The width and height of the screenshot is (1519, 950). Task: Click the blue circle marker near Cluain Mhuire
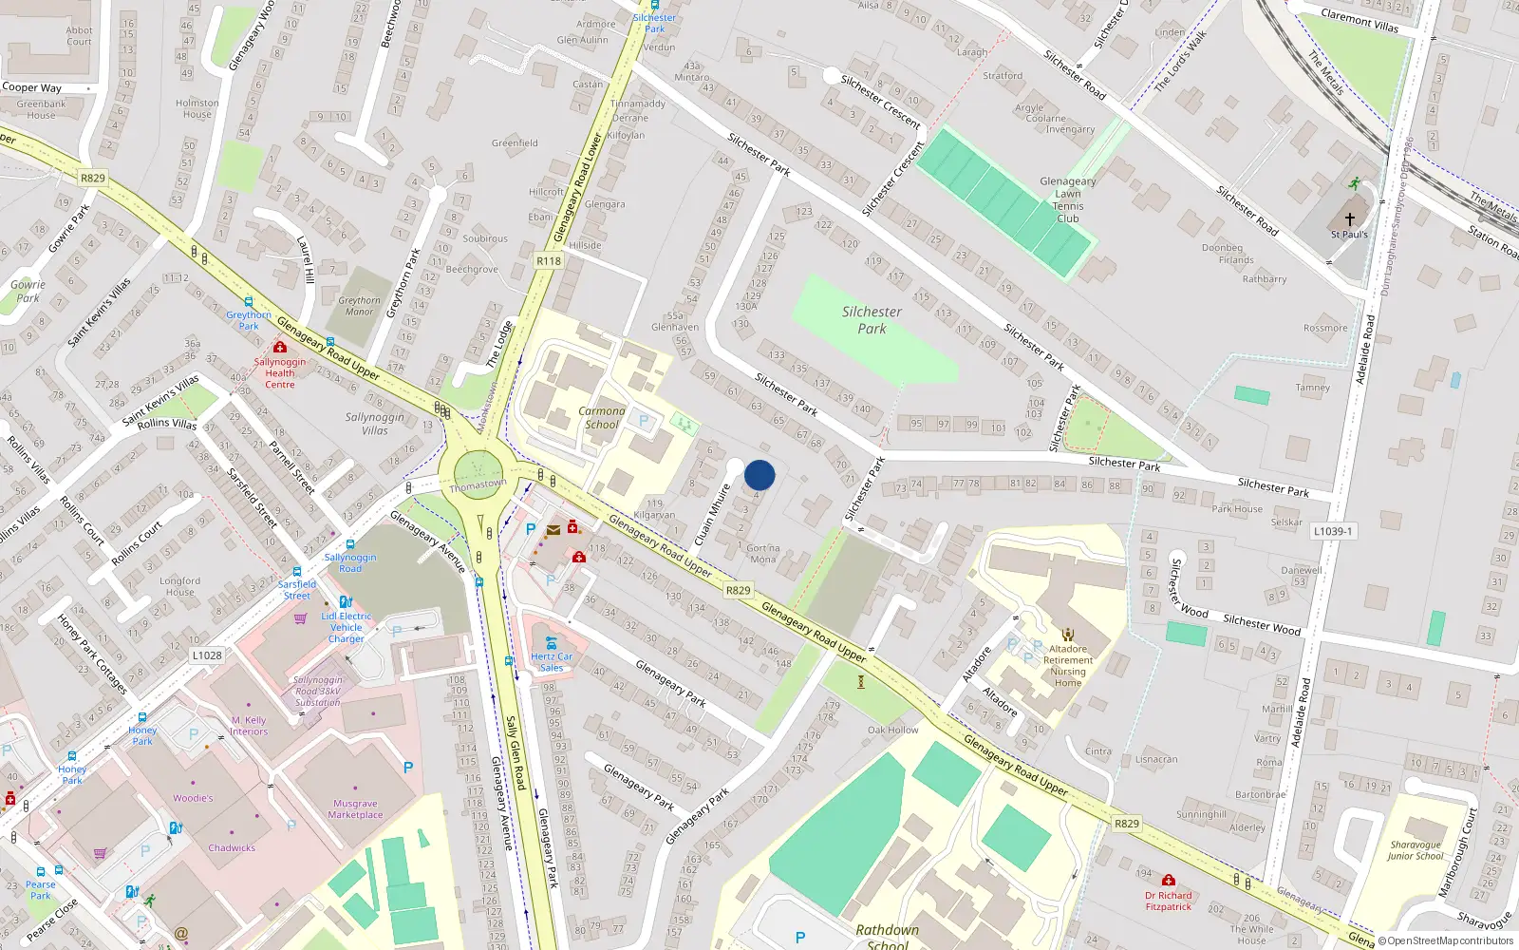(759, 475)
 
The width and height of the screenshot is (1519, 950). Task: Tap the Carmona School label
(602, 418)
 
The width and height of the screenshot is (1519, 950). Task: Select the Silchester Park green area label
(872, 320)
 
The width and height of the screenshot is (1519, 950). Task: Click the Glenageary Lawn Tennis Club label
(1068, 199)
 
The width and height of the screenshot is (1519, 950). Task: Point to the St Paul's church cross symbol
(1349, 218)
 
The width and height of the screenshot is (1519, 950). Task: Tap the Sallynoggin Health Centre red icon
(280, 348)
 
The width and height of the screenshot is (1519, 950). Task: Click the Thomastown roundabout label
(478, 485)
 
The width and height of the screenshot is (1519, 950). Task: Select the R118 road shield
(549, 260)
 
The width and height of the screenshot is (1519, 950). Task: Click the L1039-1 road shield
(1333, 531)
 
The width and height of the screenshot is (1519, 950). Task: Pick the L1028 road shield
(207, 655)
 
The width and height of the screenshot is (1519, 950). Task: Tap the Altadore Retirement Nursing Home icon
(1068, 635)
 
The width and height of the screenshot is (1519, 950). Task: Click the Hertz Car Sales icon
(552, 643)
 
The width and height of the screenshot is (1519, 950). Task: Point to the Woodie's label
(193, 798)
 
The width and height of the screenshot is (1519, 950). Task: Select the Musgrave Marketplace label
(356, 809)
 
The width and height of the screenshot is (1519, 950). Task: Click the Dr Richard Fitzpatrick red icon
(1169, 881)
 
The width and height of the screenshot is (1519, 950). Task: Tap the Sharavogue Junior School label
(1415, 850)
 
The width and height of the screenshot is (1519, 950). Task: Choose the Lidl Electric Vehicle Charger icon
(346, 601)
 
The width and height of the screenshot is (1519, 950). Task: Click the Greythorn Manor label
(359, 306)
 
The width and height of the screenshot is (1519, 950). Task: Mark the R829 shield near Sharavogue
(1127, 824)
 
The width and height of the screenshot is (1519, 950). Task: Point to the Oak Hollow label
(892, 730)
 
